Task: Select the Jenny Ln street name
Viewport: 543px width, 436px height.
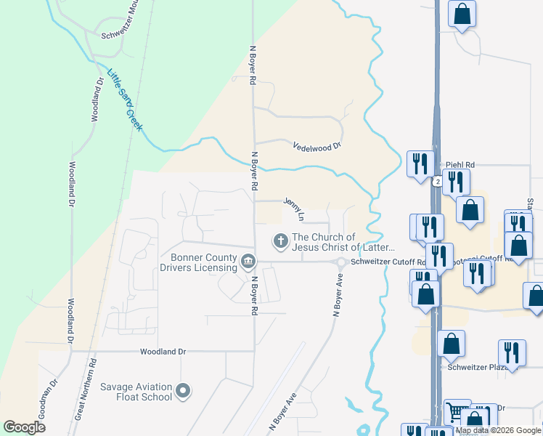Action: point(293,209)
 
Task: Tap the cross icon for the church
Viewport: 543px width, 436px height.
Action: point(279,239)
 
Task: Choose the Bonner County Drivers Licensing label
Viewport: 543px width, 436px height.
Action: point(203,262)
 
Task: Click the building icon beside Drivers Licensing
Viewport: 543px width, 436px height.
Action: point(248,260)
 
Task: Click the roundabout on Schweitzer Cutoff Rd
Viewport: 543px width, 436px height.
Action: point(340,262)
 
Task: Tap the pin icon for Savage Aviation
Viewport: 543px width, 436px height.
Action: point(183,392)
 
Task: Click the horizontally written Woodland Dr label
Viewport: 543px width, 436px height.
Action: point(163,352)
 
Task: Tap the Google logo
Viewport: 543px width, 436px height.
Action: point(25,427)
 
